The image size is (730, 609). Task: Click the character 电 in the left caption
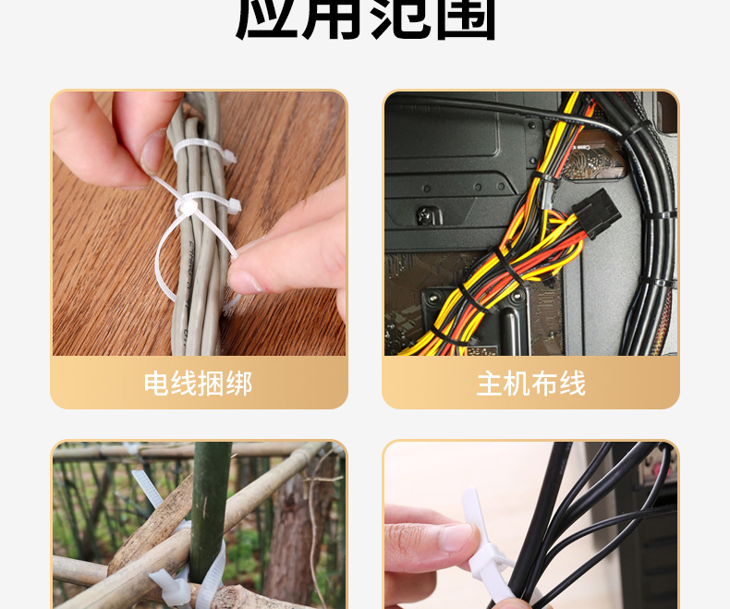[157, 384]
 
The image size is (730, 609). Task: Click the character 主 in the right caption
[490, 384]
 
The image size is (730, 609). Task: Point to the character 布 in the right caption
[544, 384]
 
